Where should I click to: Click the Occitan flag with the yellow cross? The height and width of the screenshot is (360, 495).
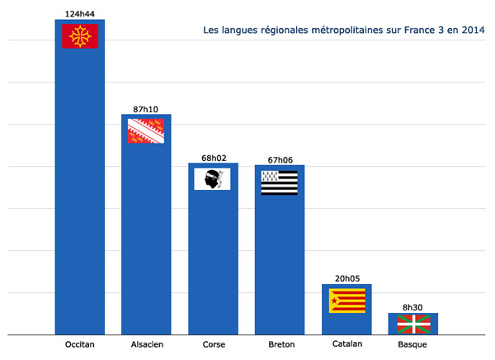[x=81, y=36]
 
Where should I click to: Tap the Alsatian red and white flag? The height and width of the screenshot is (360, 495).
[x=146, y=130]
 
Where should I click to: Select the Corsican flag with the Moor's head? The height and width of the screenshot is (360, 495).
[x=212, y=178]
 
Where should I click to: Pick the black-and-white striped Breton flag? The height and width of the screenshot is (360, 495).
[x=280, y=182]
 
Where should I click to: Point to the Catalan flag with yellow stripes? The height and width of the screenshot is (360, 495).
[x=346, y=300]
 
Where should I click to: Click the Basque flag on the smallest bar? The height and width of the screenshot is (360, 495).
[x=413, y=321]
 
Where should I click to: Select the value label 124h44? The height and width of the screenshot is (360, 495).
[x=80, y=13]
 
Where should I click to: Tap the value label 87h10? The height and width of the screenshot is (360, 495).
[x=146, y=108]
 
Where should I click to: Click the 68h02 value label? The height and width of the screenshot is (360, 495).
[x=213, y=157]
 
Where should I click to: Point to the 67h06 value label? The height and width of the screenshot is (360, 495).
[x=280, y=159]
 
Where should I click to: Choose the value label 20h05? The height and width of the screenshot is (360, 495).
[x=346, y=278]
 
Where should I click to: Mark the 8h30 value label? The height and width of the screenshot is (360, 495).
[x=413, y=306]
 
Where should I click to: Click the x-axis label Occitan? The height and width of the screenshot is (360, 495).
[x=80, y=345]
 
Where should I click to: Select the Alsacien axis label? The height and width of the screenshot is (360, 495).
[x=146, y=345]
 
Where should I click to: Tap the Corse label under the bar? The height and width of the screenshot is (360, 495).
[x=213, y=345]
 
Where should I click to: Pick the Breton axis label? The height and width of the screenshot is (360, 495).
[x=280, y=345]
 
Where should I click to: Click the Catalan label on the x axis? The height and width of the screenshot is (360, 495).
[x=346, y=345]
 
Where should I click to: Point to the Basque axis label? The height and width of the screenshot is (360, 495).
[x=413, y=345]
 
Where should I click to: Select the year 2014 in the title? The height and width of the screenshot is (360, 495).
[x=471, y=31]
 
